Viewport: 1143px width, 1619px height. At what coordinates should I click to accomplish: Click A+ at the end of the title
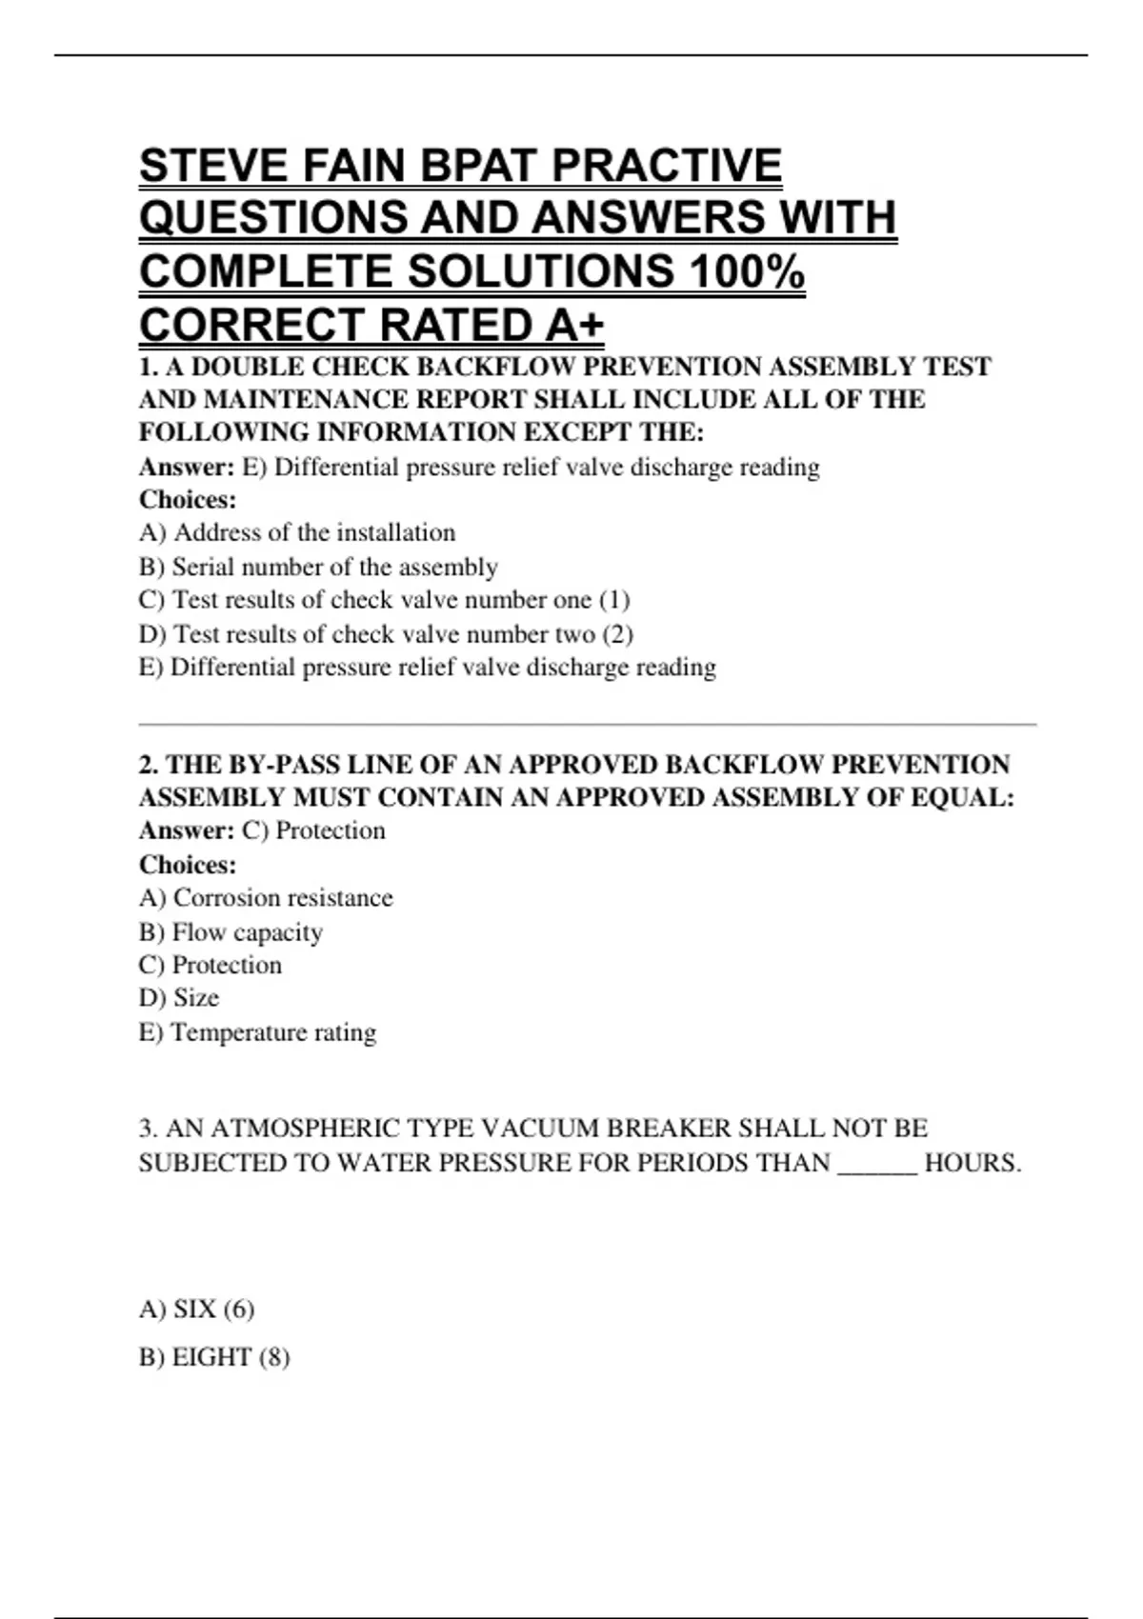(x=575, y=326)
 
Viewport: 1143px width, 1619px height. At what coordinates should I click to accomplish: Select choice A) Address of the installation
(x=297, y=532)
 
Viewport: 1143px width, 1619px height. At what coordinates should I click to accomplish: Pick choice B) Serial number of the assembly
(x=318, y=567)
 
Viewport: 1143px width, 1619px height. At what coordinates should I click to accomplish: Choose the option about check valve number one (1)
(x=384, y=600)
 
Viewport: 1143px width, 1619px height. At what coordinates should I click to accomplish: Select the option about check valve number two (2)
(x=386, y=634)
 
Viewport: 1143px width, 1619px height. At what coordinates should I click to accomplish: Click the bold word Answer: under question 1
(x=187, y=468)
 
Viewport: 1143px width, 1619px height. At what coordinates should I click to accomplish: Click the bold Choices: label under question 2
(x=188, y=865)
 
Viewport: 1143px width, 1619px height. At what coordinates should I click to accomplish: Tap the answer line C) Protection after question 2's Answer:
(x=314, y=830)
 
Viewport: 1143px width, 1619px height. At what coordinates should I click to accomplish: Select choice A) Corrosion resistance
(x=266, y=898)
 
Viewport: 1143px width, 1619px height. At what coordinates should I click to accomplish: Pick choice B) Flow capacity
(x=231, y=932)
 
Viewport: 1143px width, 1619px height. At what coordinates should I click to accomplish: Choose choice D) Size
(x=179, y=998)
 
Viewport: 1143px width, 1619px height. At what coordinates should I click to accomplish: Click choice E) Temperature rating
(x=257, y=1032)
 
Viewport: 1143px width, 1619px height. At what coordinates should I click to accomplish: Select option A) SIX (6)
(x=196, y=1309)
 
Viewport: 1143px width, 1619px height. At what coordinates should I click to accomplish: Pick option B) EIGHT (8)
(x=214, y=1357)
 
